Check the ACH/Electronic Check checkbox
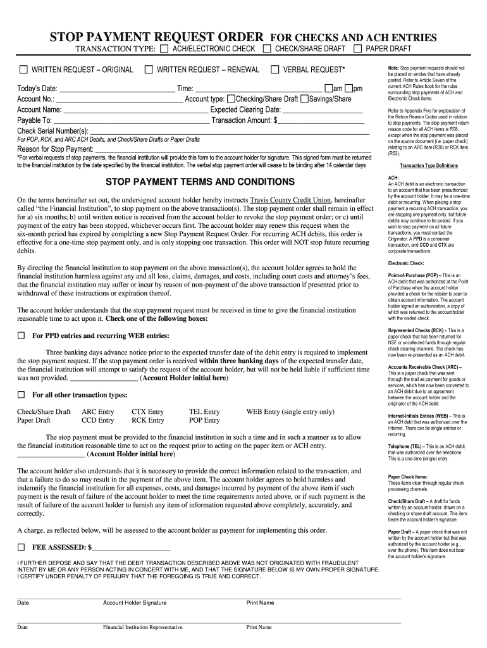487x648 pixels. [164, 49]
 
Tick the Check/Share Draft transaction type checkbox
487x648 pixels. [268, 49]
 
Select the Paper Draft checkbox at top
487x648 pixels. [358, 49]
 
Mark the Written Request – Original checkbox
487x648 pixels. [23, 69]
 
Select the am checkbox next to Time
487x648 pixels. [328, 89]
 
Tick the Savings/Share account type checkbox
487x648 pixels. [305, 99]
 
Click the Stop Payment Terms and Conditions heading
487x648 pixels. [200, 182]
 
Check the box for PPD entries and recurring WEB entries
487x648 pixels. [21, 335]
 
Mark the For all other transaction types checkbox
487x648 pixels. [21, 395]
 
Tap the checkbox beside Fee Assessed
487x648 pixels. [21, 547]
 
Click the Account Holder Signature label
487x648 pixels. [135, 603]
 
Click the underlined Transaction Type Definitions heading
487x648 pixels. [428, 166]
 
